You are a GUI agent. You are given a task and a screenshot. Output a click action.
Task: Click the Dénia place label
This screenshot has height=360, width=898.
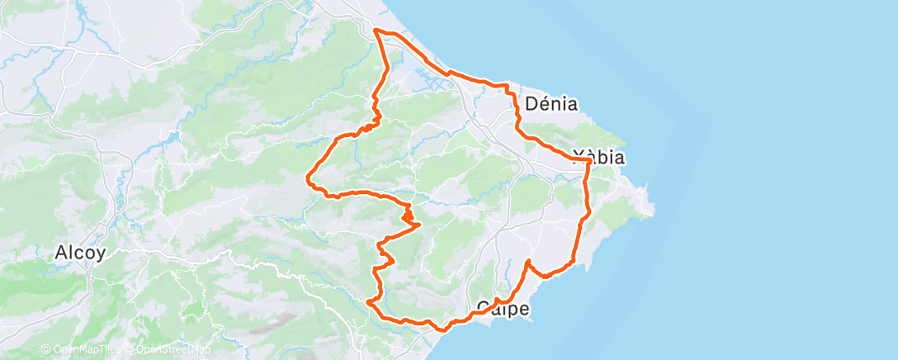point(551,105)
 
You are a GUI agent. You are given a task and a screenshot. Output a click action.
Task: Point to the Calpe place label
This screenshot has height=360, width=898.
point(502,309)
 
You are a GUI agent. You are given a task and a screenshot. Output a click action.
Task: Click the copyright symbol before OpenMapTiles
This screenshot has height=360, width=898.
point(46,350)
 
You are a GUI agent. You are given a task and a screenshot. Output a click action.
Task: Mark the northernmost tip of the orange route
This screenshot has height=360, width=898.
point(376,30)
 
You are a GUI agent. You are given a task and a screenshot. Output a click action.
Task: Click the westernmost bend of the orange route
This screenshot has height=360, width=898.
point(308,175)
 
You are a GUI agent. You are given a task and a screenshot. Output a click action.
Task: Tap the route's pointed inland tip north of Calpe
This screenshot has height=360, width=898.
point(527,261)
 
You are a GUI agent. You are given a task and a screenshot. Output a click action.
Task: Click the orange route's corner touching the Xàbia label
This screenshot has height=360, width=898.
point(587,159)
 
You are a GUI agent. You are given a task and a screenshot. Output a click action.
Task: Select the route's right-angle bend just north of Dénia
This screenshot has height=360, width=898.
point(507,85)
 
